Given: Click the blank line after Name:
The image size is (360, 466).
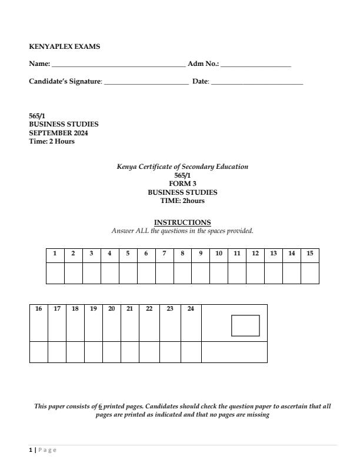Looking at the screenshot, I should coord(118,65).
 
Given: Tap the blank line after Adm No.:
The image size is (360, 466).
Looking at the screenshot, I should coord(256,65).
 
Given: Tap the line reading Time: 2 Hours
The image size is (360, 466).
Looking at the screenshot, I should coord(52,141).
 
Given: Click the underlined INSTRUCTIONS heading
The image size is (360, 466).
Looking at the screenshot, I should coord(182,222).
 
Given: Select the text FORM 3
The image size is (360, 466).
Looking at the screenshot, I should coord(182,184).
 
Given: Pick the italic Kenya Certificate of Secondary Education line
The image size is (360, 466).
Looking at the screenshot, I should coord(182,167).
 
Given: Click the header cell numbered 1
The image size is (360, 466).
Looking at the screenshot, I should coord(55,254).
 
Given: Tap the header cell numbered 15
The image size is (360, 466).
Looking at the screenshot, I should coord(310,254).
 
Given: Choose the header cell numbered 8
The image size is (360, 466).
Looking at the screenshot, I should coord(182,254).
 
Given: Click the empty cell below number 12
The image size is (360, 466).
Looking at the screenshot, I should coord(255,274).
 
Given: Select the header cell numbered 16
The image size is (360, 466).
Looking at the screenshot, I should coord(39,309).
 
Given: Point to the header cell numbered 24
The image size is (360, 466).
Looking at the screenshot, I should coord(191,309).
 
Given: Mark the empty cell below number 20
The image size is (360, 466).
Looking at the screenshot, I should coord(112,352).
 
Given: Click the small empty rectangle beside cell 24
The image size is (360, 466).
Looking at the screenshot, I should coord(245,326).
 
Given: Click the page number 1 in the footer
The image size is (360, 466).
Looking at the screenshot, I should coord(31,450).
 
